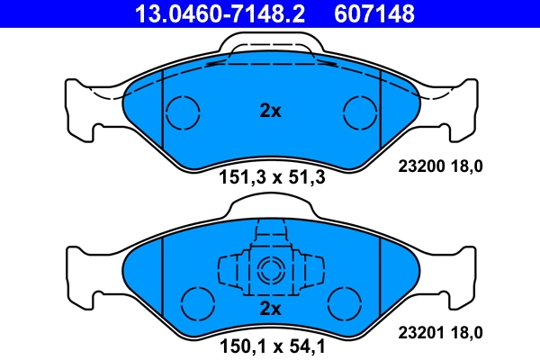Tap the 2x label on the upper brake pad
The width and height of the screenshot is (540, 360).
click(x=270, y=112)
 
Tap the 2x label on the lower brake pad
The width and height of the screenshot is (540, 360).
click(x=270, y=309)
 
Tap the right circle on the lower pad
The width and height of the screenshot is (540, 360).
click(x=344, y=301)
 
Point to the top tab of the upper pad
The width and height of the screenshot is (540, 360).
click(x=270, y=40)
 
